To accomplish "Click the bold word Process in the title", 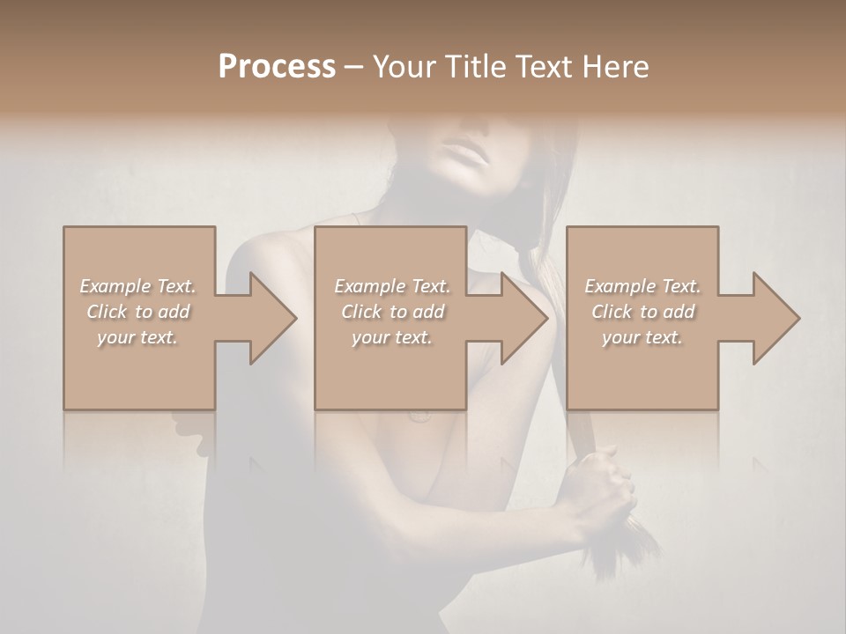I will pos(277,67).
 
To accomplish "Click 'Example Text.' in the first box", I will pos(137,286).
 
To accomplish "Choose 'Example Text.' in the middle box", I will pos(392,286).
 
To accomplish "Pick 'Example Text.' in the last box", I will pos(642,286).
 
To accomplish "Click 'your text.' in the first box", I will pos(137,337).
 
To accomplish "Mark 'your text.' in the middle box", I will pos(392,337).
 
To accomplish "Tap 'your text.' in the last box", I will pos(642,337).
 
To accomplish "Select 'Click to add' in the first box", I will pos(138,312).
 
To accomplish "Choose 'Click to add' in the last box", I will pos(643,312).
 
